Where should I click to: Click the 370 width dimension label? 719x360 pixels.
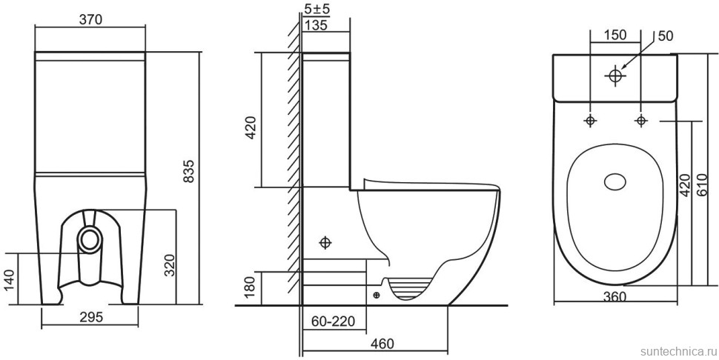(x=90, y=19)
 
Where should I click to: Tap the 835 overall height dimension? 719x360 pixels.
(x=188, y=171)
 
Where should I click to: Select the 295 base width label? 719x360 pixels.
(x=90, y=317)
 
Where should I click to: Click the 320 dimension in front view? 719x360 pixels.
(x=170, y=265)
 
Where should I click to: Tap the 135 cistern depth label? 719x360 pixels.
(x=316, y=26)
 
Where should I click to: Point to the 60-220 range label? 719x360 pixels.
(x=334, y=321)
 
